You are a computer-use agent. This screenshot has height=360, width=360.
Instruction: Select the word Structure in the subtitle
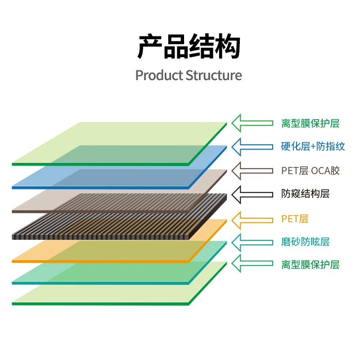[214, 75]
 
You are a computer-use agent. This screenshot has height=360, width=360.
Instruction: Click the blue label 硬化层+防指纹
[313, 147]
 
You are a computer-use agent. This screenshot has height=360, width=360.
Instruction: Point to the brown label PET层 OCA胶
[310, 171]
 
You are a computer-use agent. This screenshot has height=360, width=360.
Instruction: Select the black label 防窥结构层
[306, 194]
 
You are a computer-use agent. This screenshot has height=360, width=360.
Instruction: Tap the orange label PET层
[295, 219]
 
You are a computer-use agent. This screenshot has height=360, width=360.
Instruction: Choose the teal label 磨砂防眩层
[306, 242]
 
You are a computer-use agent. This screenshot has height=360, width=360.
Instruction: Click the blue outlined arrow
[252, 147]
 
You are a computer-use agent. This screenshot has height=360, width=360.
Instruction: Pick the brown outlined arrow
[252, 171]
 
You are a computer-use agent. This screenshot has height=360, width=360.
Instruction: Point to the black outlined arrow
[252, 195]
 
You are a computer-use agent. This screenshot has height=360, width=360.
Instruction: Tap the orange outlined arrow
[252, 220]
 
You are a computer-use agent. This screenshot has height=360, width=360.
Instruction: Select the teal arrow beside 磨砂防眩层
[252, 243]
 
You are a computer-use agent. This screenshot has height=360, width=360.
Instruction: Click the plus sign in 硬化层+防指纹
[313, 147]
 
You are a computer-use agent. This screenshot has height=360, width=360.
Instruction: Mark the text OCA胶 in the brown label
[325, 171]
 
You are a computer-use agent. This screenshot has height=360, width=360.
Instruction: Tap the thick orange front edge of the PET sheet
[100, 261]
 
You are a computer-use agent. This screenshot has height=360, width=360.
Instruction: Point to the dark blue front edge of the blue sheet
[100, 188]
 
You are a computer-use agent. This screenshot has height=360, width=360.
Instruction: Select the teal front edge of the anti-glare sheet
[100, 283]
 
